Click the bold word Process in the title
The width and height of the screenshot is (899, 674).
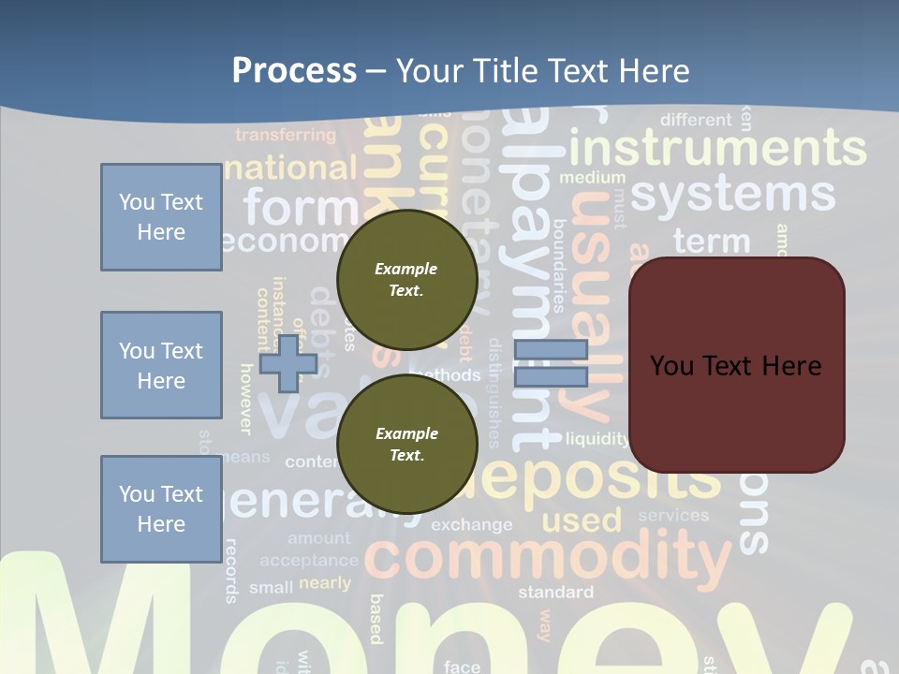(294, 71)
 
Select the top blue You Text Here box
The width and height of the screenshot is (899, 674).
(161, 217)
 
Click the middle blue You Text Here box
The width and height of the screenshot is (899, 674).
(161, 365)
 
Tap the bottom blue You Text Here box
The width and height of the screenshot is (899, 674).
(161, 509)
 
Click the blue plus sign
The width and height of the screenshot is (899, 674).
(287, 363)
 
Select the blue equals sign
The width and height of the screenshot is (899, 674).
(551, 363)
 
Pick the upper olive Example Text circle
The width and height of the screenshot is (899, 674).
(406, 279)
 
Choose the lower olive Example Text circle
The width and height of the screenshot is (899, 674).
(406, 444)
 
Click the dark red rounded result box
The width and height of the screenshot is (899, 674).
(736, 365)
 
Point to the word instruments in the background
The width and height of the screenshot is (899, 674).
(717, 149)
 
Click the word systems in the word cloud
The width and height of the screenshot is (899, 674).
(732, 195)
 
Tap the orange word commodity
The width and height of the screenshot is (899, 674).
(547, 557)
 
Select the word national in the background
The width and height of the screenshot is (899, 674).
(290, 168)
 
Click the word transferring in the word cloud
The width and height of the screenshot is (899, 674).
(285, 136)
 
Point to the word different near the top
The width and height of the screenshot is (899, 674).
(696, 120)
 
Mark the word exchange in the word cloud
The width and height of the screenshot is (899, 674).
(472, 524)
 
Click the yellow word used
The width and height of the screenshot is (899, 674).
(582, 520)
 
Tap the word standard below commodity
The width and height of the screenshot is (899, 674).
(555, 592)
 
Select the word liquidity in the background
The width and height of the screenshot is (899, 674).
(597, 438)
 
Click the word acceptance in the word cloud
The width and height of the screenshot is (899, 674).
(309, 561)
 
